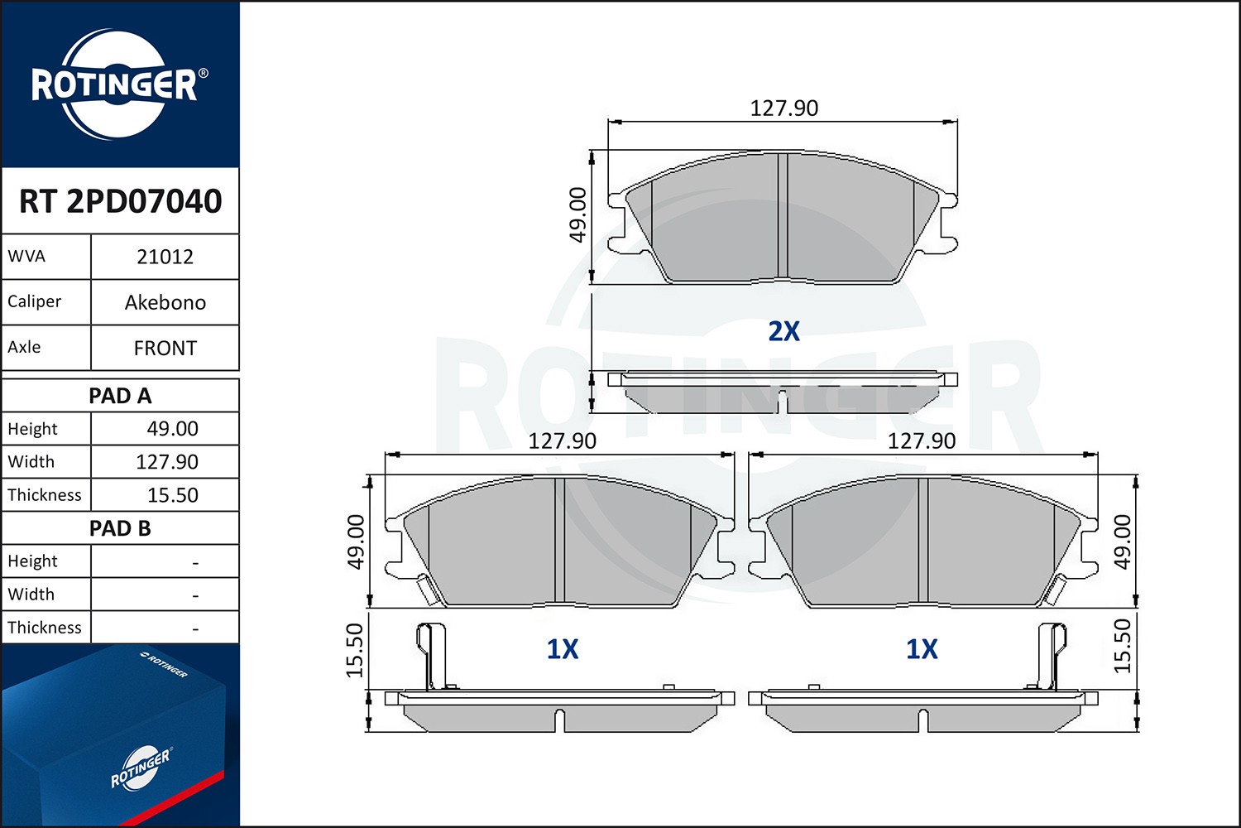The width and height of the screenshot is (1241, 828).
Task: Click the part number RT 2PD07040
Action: tap(120, 200)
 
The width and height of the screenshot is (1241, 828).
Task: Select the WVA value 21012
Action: tap(165, 257)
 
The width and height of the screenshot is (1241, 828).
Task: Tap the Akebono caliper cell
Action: tap(165, 302)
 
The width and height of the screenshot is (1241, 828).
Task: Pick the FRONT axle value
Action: tap(165, 349)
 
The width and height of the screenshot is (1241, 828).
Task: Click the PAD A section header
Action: tap(120, 396)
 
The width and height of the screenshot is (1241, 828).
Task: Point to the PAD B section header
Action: tap(120, 528)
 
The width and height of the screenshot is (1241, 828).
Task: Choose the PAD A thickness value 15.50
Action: tap(172, 494)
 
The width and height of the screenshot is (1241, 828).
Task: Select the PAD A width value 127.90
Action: tap(167, 461)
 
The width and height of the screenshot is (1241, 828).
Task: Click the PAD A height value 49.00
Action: tap(172, 428)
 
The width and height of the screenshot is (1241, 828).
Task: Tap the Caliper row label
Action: tap(35, 301)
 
